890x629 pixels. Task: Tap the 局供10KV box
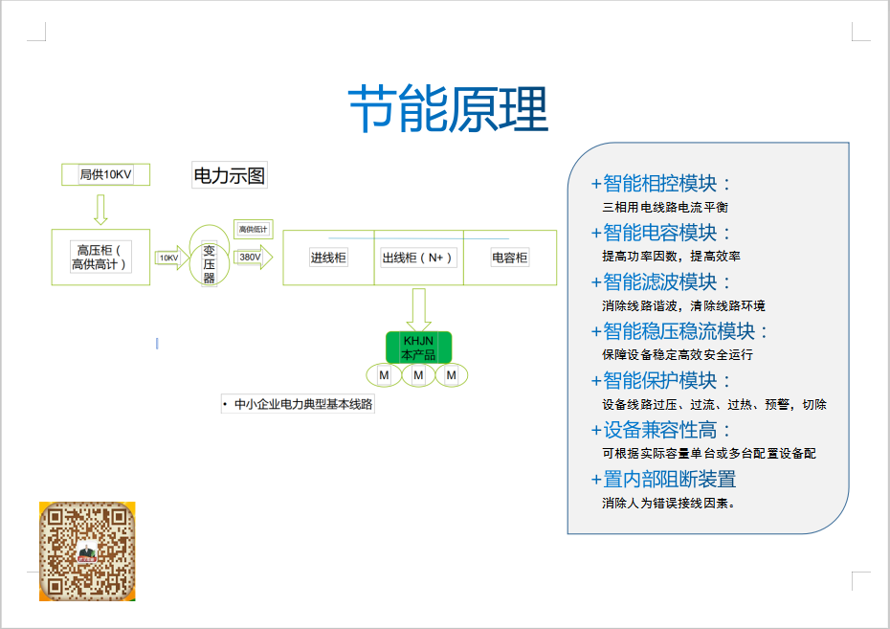point(104,174)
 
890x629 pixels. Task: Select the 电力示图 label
point(230,175)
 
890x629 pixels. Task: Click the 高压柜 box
point(100,257)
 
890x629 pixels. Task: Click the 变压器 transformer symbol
point(209,257)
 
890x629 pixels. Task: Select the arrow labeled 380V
point(253,257)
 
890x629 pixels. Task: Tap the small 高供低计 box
point(253,229)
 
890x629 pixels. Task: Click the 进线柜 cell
point(327,258)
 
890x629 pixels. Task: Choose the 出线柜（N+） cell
point(417,258)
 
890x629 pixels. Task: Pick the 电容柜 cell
point(509,258)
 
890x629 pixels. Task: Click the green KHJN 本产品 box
point(418,347)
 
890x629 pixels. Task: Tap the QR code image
point(87,550)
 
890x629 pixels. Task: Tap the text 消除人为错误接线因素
point(669,503)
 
